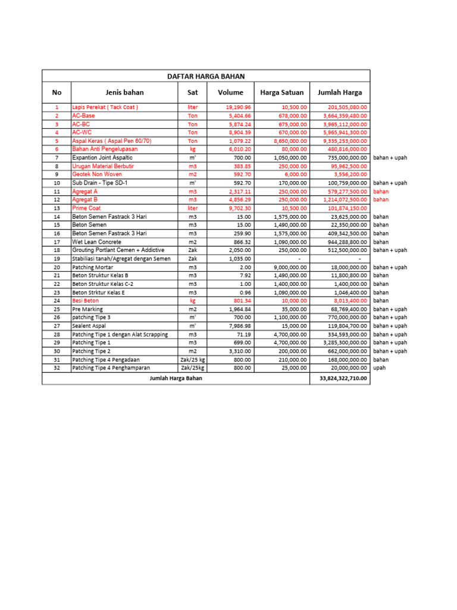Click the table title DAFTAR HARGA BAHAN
[205, 76]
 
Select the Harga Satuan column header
[282, 92]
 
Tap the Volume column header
[230, 92]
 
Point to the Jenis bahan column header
[124, 92]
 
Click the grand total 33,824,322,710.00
[340, 379]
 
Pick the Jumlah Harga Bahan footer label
[176, 379]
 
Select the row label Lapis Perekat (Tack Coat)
[105, 107]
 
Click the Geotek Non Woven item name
[97, 175]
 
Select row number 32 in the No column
[57, 368]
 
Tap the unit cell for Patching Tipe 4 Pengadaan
[192, 360]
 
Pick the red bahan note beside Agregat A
[381, 192]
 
